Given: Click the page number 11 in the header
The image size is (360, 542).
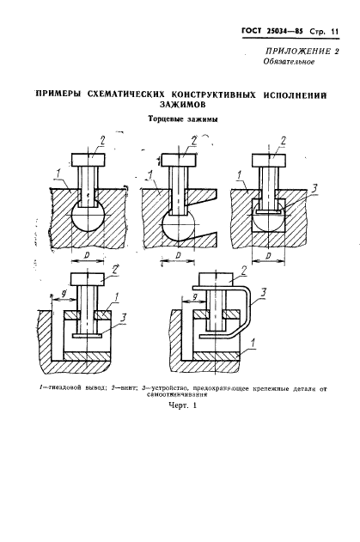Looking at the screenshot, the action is [334, 32].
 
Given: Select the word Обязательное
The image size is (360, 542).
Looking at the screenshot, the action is [289, 62].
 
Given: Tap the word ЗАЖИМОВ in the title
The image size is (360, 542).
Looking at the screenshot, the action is [180, 104].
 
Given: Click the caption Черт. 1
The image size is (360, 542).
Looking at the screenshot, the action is [182, 405].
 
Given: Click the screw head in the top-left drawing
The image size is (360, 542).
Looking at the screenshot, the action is [88, 160].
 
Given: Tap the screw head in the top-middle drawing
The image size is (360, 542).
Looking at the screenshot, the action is [179, 160].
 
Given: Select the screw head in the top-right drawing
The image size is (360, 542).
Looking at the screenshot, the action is [269, 160].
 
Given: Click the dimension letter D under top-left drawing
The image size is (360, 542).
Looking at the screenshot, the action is [88, 255].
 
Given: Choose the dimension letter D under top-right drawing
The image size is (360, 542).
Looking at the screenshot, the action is [268, 256].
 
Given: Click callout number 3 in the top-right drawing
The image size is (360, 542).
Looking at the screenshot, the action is [314, 189].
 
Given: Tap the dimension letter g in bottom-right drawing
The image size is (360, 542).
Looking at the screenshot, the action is [195, 296].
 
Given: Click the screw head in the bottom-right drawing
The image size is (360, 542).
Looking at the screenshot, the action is [217, 278].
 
